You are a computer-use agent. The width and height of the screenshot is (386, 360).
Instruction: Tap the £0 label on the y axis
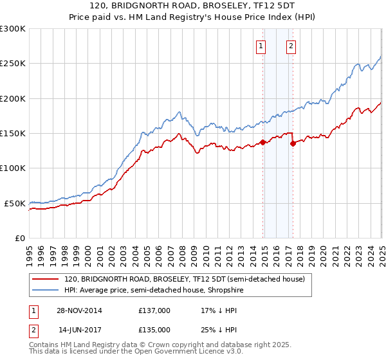point(20,238)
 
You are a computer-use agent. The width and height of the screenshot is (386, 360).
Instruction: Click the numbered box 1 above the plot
point(261,46)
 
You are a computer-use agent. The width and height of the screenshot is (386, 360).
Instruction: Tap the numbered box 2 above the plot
point(291,46)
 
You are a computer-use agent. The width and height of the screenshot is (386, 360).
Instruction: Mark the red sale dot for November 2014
point(262,143)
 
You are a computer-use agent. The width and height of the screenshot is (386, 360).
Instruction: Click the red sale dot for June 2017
point(293,144)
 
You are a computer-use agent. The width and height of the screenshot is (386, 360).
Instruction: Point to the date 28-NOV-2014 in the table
point(80,310)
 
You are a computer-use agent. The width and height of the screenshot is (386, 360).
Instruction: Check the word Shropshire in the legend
point(224,290)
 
